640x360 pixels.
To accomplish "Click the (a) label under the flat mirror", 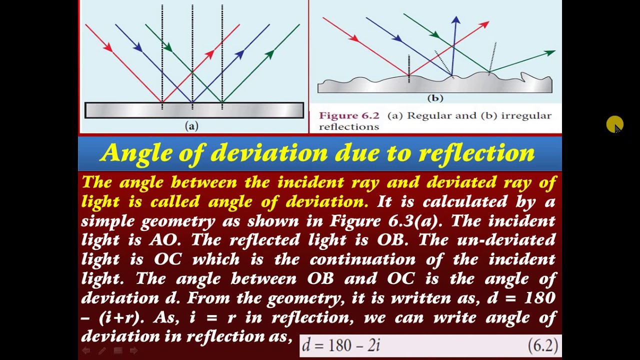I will pyautogui.click(x=191, y=126).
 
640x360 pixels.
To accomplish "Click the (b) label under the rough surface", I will pyautogui.click(x=435, y=98).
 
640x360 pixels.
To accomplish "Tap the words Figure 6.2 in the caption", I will pyautogui.click(x=349, y=115).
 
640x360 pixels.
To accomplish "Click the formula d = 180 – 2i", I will pyautogui.click(x=341, y=345).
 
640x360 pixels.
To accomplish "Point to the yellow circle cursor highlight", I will pyautogui.click(x=614, y=124).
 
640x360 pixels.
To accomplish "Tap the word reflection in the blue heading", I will pyautogui.click(x=476, y=152).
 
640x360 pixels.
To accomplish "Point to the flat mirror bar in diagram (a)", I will pyautogui.click(x=194, y=110).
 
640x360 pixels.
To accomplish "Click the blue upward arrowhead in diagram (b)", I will pyautogui.click(x=455, y=20).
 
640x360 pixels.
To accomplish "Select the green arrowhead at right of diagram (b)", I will pyautogui.click(x=550, y=52).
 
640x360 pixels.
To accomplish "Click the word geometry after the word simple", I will pyautogui.click(x=178, y=221).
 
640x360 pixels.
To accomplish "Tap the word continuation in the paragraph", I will pyautogui.click(x=362, y=259).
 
